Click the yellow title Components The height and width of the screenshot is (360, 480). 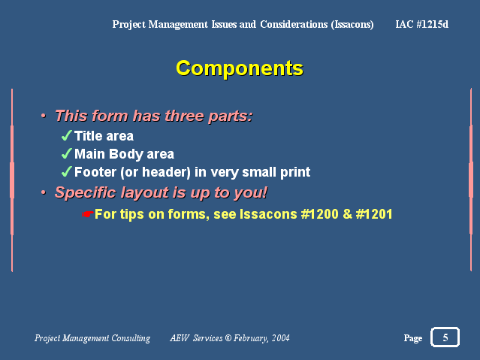(240, 68)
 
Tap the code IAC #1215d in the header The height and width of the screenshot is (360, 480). (422, 24)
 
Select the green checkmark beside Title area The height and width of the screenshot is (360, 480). (66, 135)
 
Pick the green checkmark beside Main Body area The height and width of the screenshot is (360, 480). (66, 153)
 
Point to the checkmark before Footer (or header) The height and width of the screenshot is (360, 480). (66, 171)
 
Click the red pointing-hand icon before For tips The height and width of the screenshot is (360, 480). (88, 214)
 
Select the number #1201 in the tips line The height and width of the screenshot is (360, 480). (374, 214)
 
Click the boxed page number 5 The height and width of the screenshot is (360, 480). (445, 337)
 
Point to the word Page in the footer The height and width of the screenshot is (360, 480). (413, 338)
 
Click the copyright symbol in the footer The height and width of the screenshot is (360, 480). (228, 338)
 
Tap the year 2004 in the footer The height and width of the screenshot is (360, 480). (280, 338)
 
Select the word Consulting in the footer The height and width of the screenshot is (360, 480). (131, 338)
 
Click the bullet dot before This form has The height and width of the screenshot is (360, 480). (44, 116)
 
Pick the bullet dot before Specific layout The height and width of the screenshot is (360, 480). (44, 192)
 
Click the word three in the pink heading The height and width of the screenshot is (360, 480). (184, 116)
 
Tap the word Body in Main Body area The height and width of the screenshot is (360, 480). (125, 154)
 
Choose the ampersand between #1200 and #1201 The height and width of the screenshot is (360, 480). (347, 214)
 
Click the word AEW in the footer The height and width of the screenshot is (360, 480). (180, 338)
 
